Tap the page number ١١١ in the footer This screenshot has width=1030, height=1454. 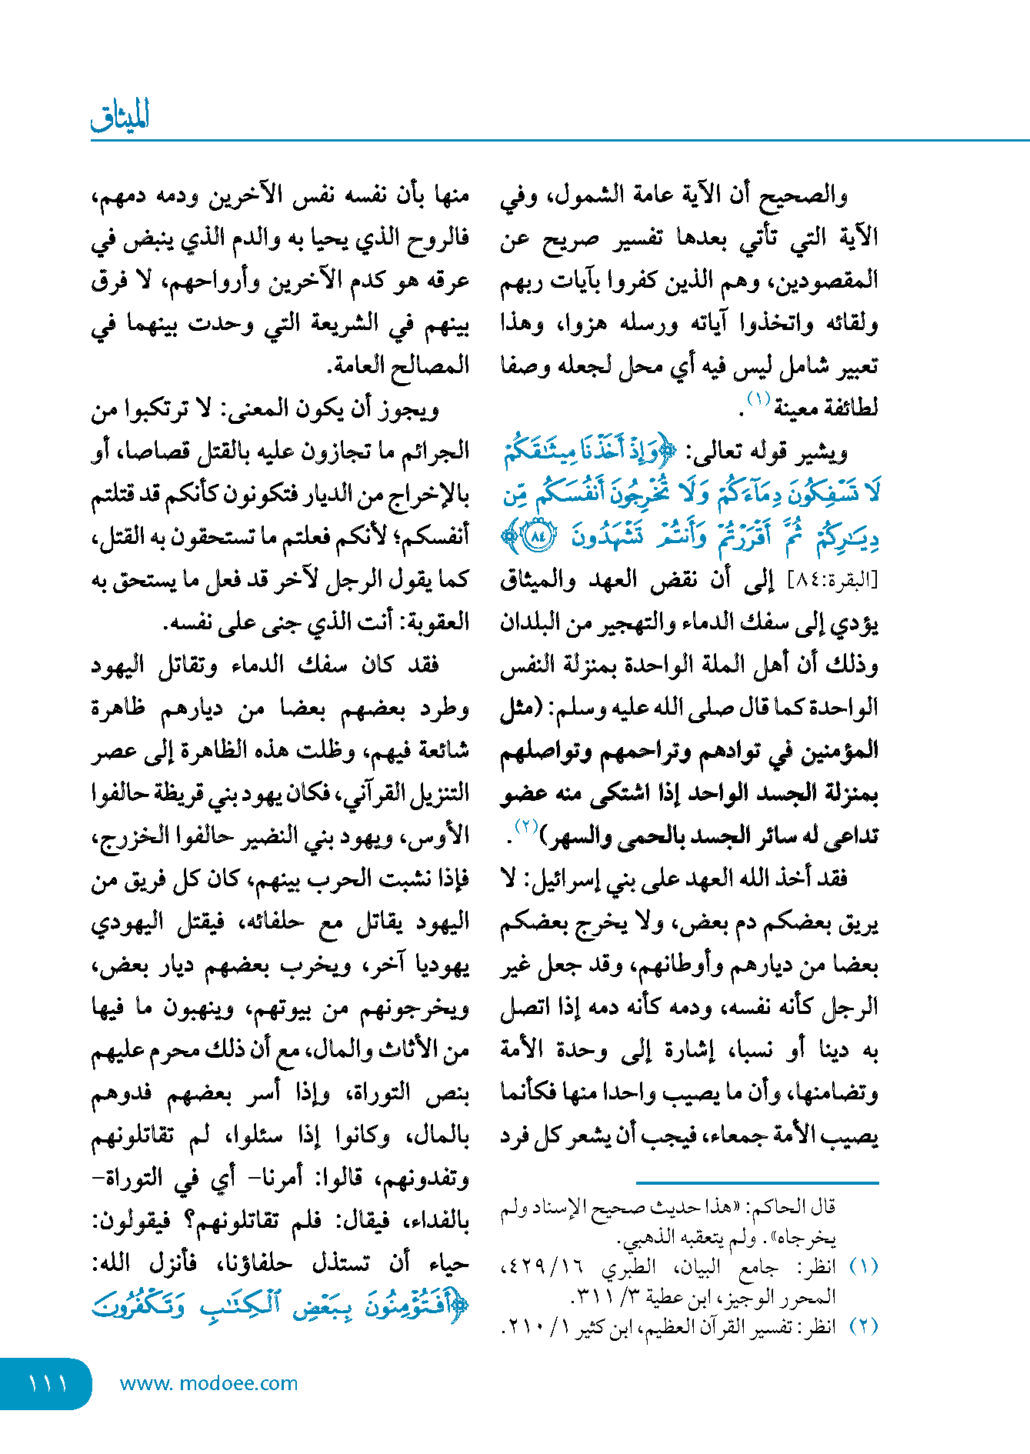coord(48,1383)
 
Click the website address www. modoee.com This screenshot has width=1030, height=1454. coord(208,1383)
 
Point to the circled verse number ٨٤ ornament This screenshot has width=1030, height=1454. coord(538,536)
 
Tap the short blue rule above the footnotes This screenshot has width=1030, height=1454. coord(757,1182)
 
